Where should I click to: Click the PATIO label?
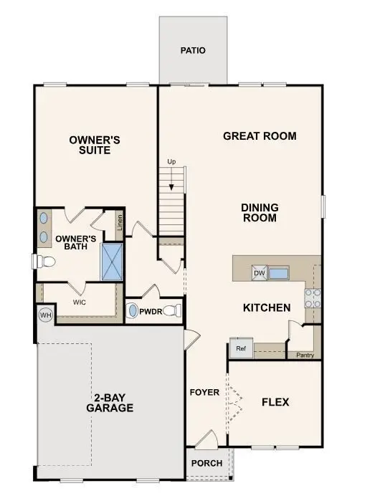click(193, 51)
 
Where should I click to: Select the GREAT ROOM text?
click(249, 135)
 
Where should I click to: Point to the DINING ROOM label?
click(260, 213)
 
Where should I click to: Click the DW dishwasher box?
click(259, 273)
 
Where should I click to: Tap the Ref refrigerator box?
click(240, 349)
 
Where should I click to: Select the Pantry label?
click(305, 354)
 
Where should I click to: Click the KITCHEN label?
click(267, 308)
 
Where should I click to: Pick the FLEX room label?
click(275, 402)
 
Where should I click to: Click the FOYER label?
click(204, 393)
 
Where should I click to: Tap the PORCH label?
click(206, 463)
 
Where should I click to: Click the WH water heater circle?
click(44, 315)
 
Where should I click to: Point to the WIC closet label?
click(80, 302)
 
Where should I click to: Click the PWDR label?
click(151, 312)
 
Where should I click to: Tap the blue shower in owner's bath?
click(113, 262)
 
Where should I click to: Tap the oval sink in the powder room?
click(133, 312)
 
